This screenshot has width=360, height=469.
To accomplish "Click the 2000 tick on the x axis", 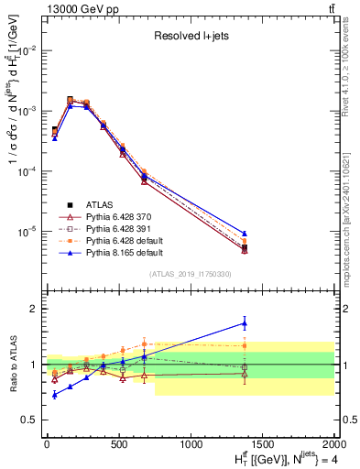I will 334,445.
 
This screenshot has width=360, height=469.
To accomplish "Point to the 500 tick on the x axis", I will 118,445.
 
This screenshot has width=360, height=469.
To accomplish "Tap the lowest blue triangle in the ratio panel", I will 55,394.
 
